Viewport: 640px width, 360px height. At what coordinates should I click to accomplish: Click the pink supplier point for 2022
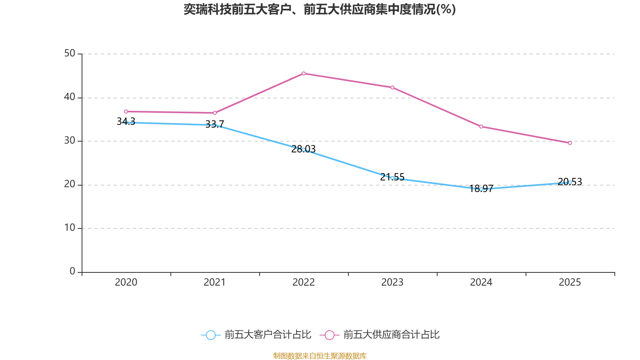304,73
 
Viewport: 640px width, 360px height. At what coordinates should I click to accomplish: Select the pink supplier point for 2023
392,87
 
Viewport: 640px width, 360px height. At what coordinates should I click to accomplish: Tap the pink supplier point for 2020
126,111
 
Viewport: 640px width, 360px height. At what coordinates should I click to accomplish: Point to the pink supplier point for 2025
570,143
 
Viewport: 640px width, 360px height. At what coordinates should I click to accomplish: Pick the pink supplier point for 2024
481,126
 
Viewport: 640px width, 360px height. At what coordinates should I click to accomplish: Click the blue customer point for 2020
126,122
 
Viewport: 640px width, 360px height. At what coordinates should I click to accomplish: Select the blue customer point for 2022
304,150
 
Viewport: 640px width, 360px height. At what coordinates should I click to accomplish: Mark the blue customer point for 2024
481,189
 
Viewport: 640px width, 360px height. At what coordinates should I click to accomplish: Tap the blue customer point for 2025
570,182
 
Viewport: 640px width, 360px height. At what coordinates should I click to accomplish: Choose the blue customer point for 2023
392,178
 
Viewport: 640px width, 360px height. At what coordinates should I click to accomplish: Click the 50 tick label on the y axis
70,53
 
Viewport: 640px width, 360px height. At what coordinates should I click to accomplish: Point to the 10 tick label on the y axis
70,228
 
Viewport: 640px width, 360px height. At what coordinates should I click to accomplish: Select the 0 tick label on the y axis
72,271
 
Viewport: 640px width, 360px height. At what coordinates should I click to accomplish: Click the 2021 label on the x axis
215,282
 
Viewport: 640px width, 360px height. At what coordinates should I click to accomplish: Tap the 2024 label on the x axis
481,282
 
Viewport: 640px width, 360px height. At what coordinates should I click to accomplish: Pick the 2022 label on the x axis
304,282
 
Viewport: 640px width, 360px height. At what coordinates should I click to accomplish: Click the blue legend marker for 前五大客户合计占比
211,335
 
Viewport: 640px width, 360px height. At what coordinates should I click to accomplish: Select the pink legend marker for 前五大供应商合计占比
330,335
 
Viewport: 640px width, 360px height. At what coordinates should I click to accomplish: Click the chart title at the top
320,9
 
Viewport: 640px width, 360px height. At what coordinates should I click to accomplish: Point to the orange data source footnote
320,356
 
